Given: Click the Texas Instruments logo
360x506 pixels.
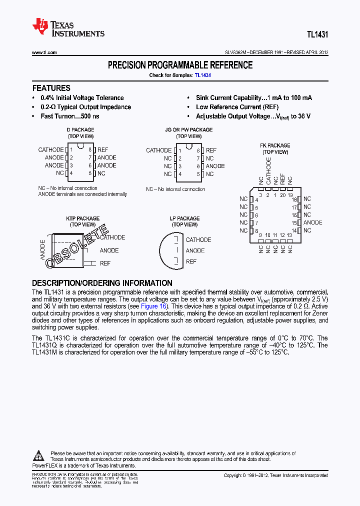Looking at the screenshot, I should coord(68,28).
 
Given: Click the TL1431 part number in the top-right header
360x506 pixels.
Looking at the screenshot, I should coord(317,35).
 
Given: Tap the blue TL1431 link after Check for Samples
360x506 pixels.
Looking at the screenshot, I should coord(203,75).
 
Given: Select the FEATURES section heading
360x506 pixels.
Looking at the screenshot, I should coord(51,87).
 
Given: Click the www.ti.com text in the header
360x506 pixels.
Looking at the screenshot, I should coord(44,52).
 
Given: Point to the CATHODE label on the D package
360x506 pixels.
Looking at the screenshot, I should coord(51,149).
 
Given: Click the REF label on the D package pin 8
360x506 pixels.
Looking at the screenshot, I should coord(102,149).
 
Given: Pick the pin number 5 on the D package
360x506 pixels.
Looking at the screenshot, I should coord(90,173).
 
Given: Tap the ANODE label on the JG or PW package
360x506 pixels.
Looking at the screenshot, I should coord(215,166).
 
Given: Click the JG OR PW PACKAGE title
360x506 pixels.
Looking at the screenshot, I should coord(189,129).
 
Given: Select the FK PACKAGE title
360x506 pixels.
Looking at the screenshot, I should coord(275,145).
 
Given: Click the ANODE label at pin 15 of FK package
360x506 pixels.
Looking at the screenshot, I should coord(313,222).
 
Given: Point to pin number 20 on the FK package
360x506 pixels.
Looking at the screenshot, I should coord(283,195).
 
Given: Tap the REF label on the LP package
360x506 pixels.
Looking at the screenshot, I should coord(191,261).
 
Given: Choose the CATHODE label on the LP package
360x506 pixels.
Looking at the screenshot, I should coord(198,239).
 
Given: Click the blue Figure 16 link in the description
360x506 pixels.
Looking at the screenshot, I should coord(155,306).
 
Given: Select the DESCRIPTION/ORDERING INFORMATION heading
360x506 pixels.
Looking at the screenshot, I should coord(102,283).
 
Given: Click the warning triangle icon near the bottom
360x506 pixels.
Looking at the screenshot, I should coord(39,456).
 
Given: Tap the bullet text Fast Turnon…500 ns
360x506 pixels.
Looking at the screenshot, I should coord(70,116).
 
